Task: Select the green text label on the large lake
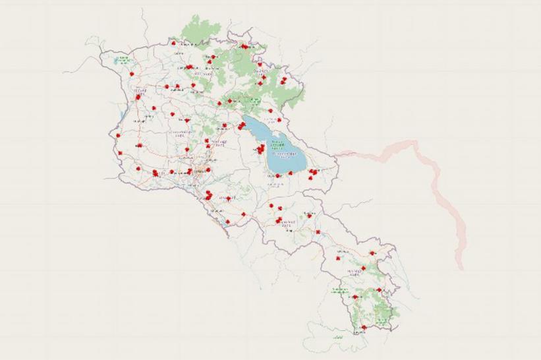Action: click(x=277, y=142)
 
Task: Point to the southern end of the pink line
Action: click(x=461, y=268)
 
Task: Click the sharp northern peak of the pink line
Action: click(x=413, y=141)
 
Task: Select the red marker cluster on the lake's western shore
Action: click(x=260, y=150)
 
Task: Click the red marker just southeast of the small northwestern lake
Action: click(x=132, y=74)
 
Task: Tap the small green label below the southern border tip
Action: click(x=337, y=338)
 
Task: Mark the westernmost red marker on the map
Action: click(x=118, y=136)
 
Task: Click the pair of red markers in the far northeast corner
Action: click(x=283, y=80)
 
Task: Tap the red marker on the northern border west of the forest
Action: click(x=173, y=44)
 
